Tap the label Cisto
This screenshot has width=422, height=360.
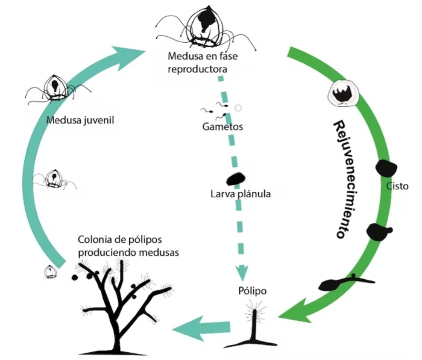[x=397, y=186]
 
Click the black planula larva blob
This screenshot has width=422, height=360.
[x=235, y=179]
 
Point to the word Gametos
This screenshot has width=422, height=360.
[x=223, y=127]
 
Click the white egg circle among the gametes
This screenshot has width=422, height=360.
[x=238, y=108]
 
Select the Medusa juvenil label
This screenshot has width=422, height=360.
[x=80, y=119]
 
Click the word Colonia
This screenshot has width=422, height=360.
[x=94, y=240]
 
